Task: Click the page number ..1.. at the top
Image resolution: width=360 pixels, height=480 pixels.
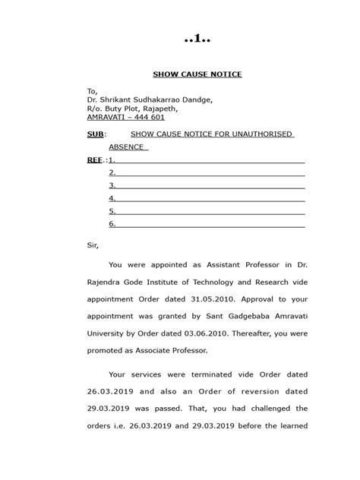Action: (x=195, y=39)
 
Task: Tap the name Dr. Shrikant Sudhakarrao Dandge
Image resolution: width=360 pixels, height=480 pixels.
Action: (x=149, y=99)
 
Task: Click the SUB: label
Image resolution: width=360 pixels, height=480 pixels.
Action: (x=97, y=134)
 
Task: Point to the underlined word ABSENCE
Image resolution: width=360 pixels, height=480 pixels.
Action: (x=127, y=147)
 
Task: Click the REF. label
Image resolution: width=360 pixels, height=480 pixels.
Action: (x=96, y=160)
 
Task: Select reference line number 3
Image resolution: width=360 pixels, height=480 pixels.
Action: (x=112, y=185)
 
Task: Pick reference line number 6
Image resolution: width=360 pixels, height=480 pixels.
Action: (x=112, y=224)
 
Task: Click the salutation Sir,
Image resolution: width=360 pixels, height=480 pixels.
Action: (x=93, y=245)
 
